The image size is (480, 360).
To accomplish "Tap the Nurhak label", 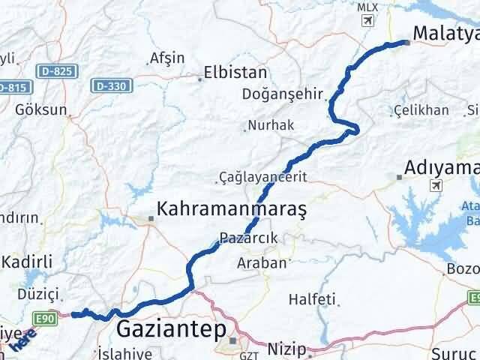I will pyautogui.click(x=271, y=125).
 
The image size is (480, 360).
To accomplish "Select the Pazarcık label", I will pyautogui.click(x=250, y=238).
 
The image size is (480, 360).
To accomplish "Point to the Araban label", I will pyautogui.click(x=262, y=262).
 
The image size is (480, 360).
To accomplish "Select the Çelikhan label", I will pyautogui.click(x=421, y=110).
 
